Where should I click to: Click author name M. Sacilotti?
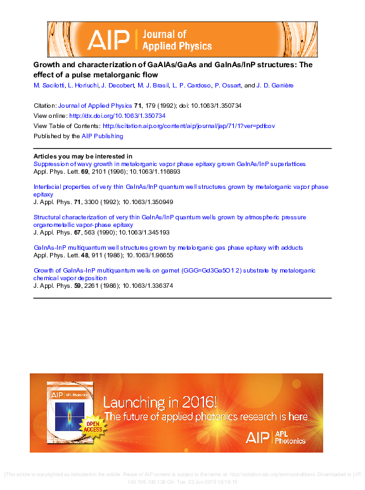[x=50, y=85]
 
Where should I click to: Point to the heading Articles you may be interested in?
[x=82, y=156]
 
